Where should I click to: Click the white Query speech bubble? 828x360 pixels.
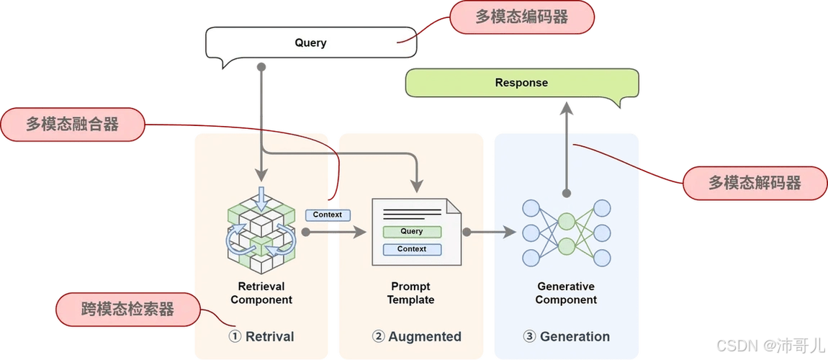[x=310, y=43]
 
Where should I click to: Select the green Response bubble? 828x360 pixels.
[x=522, y=83]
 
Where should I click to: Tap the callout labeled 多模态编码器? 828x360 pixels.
[x=522, y=17]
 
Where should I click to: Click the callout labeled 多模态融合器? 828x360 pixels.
[x=72, y=124]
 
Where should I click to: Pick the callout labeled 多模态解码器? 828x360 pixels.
[x=754, y=183]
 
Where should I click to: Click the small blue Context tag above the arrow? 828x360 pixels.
[x=328, y=215]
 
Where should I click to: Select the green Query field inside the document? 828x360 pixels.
[x=412, y=232]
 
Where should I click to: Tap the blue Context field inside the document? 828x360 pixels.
[x=412, y=249]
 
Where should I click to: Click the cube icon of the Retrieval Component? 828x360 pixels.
[x=261, y=226]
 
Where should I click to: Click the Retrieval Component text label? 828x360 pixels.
[x=261, y=293]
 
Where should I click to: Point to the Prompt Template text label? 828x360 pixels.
[x=410, y=293]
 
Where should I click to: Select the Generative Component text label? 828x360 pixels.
[x=566, y=293]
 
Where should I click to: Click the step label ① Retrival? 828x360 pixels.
[x=261, y=336]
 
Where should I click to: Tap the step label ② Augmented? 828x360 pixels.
[x=416, y=336]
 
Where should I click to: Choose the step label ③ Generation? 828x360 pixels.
[x=566, y=336]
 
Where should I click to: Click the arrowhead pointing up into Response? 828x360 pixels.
[x=566, y=109]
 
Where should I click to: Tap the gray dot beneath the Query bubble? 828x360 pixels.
[x=262, y=67]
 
